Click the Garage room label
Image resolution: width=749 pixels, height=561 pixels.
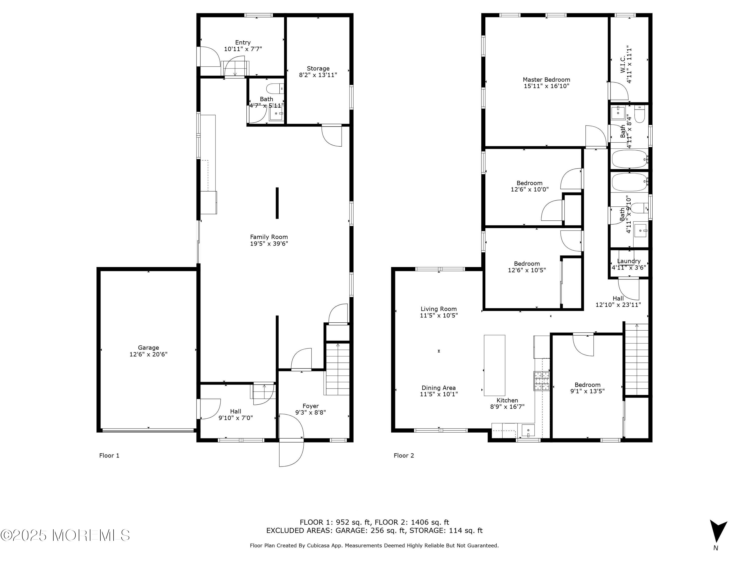(148, 348)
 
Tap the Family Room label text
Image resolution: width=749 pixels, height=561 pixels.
(269, 237)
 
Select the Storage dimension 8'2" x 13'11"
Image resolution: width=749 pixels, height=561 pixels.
(318, 75)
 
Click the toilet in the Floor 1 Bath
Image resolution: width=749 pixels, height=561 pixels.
(275, 89)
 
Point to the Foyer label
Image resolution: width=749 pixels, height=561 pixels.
(311, 406)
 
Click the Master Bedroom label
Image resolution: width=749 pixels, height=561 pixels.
(547, 80)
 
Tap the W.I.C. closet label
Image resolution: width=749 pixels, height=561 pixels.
(623, 64)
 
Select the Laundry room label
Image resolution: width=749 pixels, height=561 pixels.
(629, 261)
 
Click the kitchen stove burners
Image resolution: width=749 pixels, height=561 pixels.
(542, 381)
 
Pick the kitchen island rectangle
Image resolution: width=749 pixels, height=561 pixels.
(494, 365)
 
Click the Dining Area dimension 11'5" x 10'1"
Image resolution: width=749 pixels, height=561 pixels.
(439, 394)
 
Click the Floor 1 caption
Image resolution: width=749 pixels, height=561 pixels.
(109, 456)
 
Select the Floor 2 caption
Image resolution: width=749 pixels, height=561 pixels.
(404, 456)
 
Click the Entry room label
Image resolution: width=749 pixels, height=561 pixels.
(243, 43)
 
